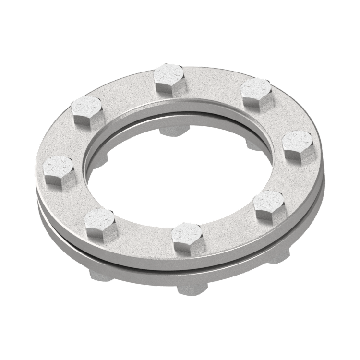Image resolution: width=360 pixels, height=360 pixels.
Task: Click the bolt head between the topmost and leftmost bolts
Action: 87,108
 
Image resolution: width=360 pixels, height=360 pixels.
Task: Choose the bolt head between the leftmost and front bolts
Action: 99,221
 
